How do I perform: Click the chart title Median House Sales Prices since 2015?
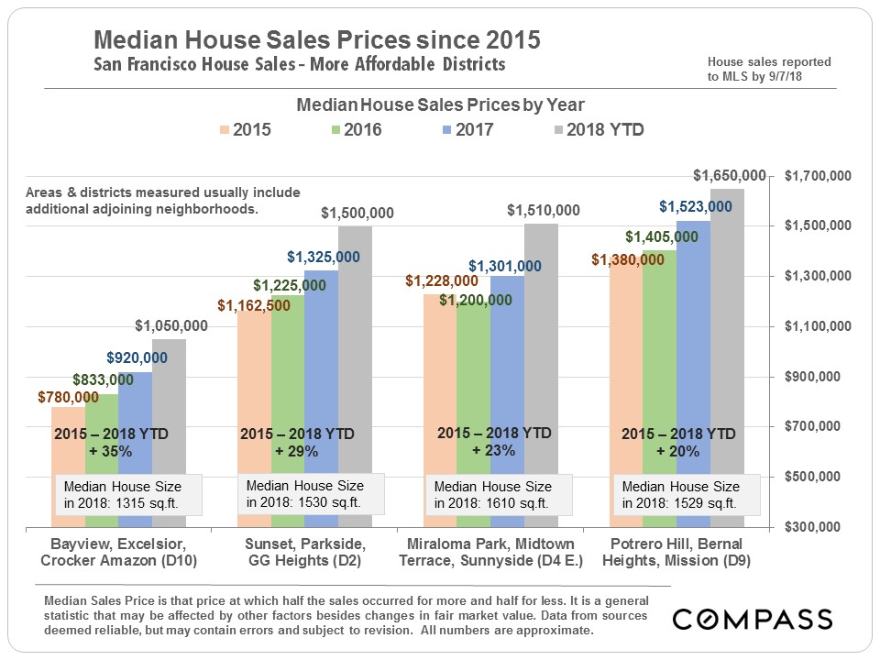coord(317,40)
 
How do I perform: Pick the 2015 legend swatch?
coord(225,130)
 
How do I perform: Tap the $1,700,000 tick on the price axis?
coord(819,175)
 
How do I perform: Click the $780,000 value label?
coord(68,397)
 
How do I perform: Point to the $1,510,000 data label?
coord(543,211)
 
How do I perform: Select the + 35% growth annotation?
coord(111,451)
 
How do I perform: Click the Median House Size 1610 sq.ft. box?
coord(500,495)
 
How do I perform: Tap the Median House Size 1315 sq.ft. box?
coord(122,495)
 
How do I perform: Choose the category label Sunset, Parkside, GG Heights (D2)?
coord(302,553)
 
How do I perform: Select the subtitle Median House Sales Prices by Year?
coord(440,105)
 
